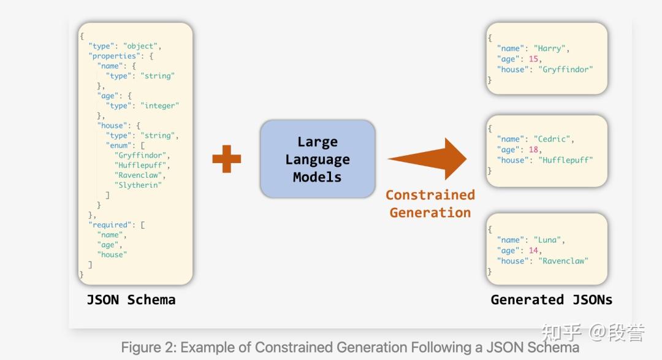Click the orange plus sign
tap(226, 159)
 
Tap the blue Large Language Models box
tap(317, 159)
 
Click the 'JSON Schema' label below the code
tap(131, 300)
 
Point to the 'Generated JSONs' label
tap(551, 300)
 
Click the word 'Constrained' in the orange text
tap(430, 195)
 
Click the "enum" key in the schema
tap(119, 145)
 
